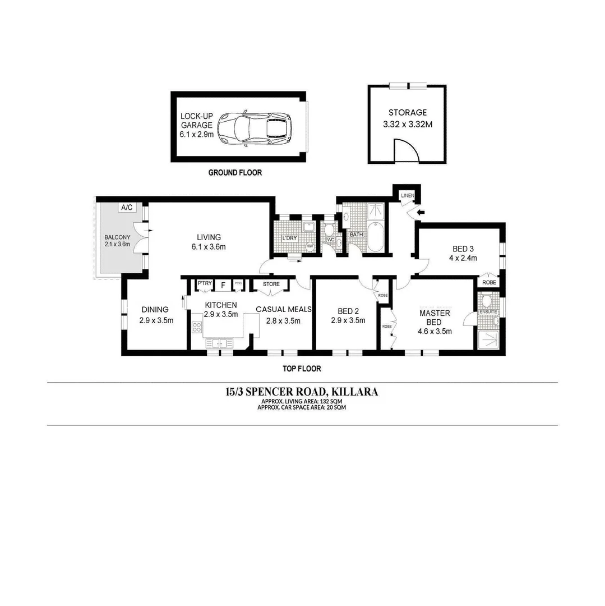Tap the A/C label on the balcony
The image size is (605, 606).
coord(127,208)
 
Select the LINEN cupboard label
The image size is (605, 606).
coord(407,195)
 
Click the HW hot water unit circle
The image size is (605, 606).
coord(309,245)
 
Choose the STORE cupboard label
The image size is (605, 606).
coord(271,284)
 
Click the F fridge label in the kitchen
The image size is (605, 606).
coord(223,285)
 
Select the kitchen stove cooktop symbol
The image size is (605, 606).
coord(197,327)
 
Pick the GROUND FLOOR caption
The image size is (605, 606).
coord(235,173)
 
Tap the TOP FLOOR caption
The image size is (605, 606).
coord(302,369)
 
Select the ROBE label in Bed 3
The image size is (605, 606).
coord(489,283)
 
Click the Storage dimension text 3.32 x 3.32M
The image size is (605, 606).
coord(408,124)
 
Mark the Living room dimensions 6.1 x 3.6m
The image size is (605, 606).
coord(208,247)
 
